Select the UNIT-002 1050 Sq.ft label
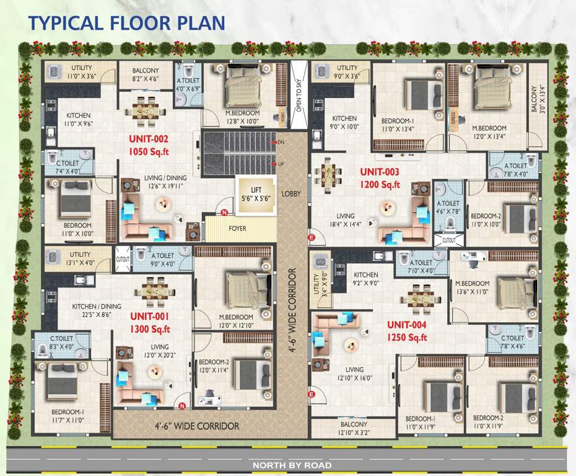click(149, 145)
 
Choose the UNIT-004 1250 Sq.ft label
click(408, 331)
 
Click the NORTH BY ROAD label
click(291, 465)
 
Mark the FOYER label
click(237, 229)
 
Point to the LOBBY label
click(291, 194)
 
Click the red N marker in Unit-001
click(182, 407)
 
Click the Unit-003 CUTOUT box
click(449, 240)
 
